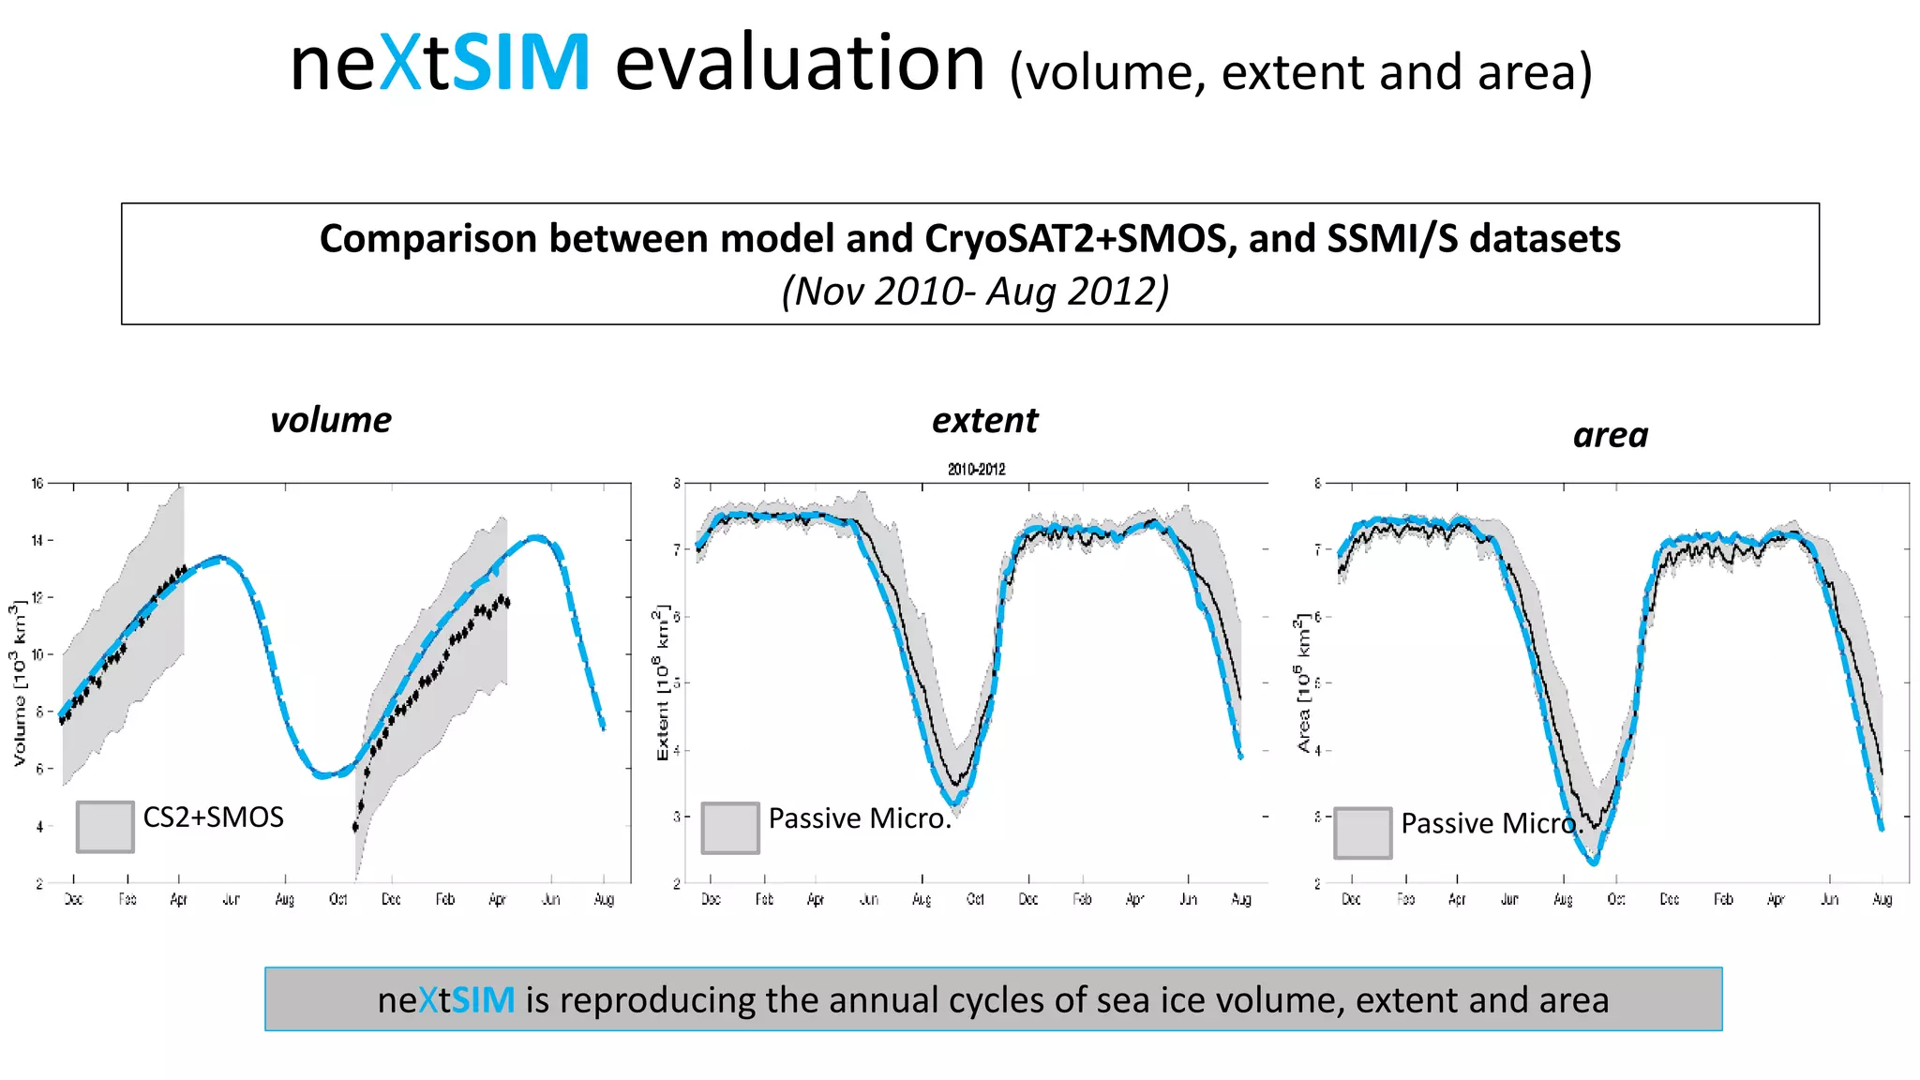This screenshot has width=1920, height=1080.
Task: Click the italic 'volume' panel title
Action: (331, 420)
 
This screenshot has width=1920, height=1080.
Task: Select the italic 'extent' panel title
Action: (984, 421)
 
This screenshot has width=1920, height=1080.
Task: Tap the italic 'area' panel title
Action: (1610, 436)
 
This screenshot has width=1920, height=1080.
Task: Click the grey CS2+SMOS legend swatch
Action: (105, 827)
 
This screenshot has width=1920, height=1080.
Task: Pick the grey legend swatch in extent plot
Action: (730, 828)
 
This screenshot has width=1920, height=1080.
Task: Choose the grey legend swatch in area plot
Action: (1362, 833)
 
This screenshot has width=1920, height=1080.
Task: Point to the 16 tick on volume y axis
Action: (37, 484)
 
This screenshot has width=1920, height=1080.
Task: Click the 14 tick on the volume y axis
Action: (37, 541)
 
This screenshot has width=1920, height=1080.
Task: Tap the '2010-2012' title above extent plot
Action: (976, 469)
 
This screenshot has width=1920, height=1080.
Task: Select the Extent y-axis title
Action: (662, 682)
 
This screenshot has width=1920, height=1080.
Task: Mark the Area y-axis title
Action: (1303, 683)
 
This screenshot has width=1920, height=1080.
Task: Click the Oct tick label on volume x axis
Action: (338, 900)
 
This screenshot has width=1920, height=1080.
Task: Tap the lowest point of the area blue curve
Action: (1594, 862)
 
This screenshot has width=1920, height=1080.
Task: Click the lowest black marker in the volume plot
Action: (355, 827)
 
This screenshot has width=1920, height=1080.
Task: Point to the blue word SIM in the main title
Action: (520, 64)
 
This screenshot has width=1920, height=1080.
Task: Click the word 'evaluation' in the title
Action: (800, 64)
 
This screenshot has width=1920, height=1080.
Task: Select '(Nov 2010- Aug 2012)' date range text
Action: (975, 292)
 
